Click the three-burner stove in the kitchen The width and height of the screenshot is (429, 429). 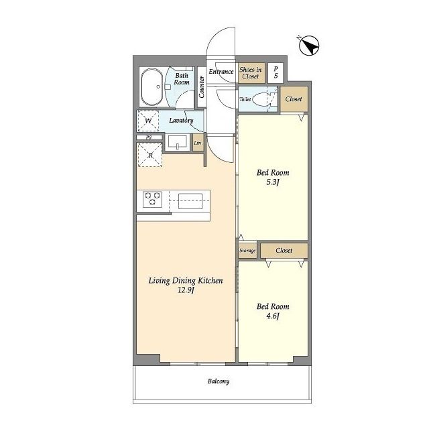coord(152,199)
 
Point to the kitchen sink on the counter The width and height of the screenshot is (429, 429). coord(190,201)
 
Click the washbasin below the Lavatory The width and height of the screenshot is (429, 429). coord(178,142)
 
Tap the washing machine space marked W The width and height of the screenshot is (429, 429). coord(148,121)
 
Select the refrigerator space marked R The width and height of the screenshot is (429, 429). coord(150,155)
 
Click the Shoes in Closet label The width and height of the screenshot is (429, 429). coord(251,73)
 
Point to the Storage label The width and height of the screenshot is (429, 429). coord(247,250)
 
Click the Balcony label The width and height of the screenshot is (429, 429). coord(219,381)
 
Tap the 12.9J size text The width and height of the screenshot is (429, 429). coord(186,290)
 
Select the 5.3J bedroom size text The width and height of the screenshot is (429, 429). coord(273,182)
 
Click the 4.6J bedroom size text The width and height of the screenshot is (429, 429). coord(273,316)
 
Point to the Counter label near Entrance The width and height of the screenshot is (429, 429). coord(202,87)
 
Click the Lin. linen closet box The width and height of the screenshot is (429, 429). coord(198,142)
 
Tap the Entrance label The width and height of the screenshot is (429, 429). coord(221,72)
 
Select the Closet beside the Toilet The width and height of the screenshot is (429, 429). coord(294,99)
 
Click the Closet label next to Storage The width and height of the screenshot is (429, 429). coord(284,250)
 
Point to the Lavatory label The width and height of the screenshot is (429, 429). coord(181,121)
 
